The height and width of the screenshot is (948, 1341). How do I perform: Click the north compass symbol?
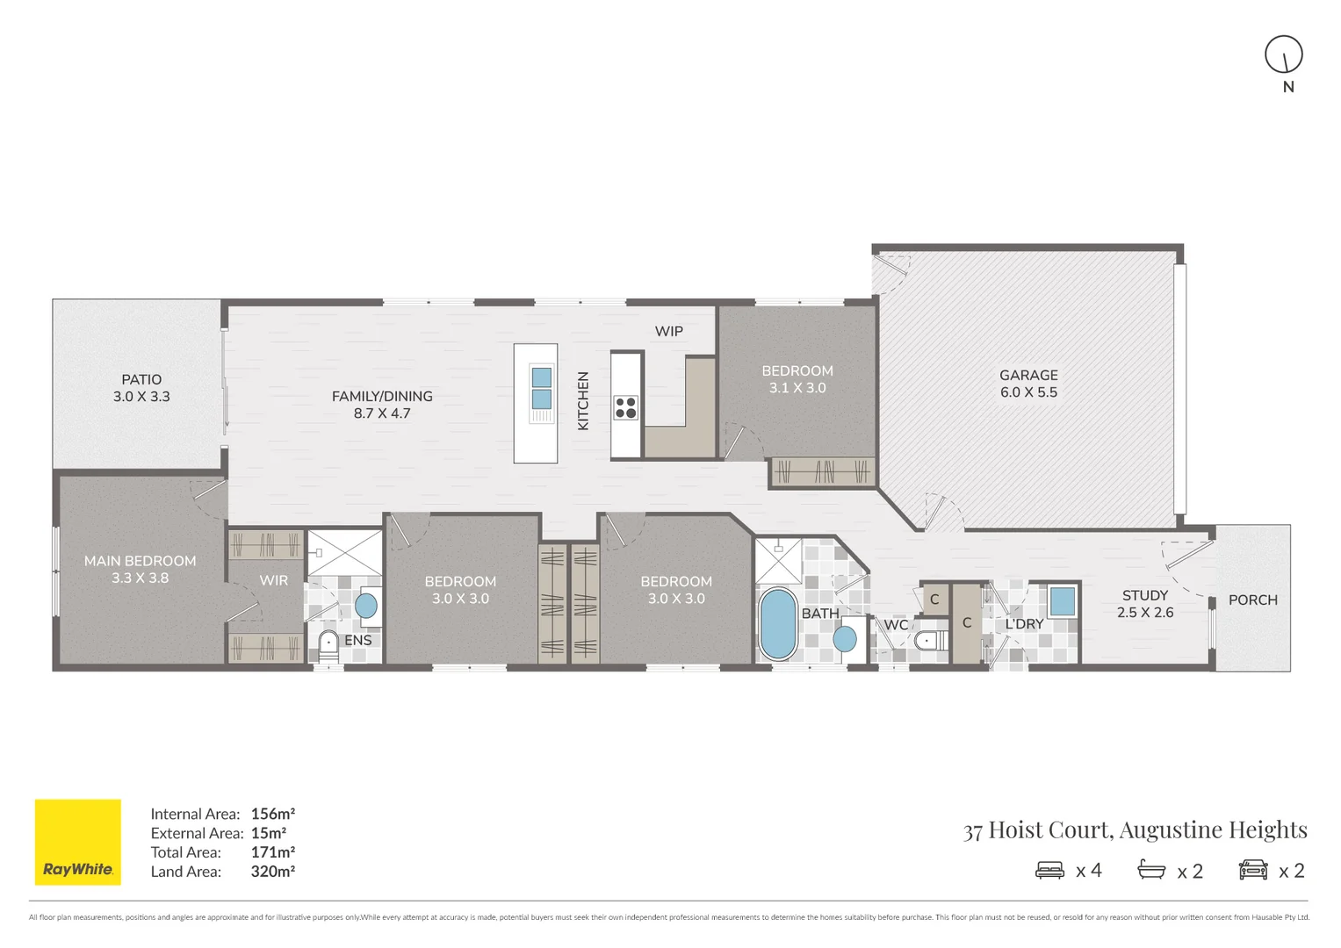coord(1283,54)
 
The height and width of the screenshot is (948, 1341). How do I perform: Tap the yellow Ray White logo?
coord(77,841)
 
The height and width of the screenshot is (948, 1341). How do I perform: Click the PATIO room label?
coord(141,388)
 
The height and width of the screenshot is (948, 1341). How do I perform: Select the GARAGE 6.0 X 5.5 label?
coord(1028,384)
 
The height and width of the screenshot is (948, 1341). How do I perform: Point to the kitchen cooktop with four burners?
coord(625,407)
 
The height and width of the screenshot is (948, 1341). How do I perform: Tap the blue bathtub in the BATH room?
coord(777,623)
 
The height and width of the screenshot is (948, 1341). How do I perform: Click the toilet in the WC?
coord(927,641)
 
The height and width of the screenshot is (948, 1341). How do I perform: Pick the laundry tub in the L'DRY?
coord(1062,601)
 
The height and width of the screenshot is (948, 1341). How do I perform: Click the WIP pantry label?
coord(668,331)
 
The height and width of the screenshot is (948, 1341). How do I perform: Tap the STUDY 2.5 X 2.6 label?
coord(1144,604)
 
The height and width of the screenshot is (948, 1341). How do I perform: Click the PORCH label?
coord(1252,600)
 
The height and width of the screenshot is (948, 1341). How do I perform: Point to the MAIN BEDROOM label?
coord(140,569)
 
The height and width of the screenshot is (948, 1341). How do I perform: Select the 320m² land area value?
coord(272,872)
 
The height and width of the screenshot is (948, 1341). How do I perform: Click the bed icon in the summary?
coord(1049,870)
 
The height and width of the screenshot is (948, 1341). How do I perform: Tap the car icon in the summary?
coord(1253,870)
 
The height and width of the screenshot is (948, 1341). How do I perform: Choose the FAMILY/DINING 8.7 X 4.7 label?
coord(382,405)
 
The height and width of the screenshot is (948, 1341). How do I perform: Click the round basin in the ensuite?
coord(365,605)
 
